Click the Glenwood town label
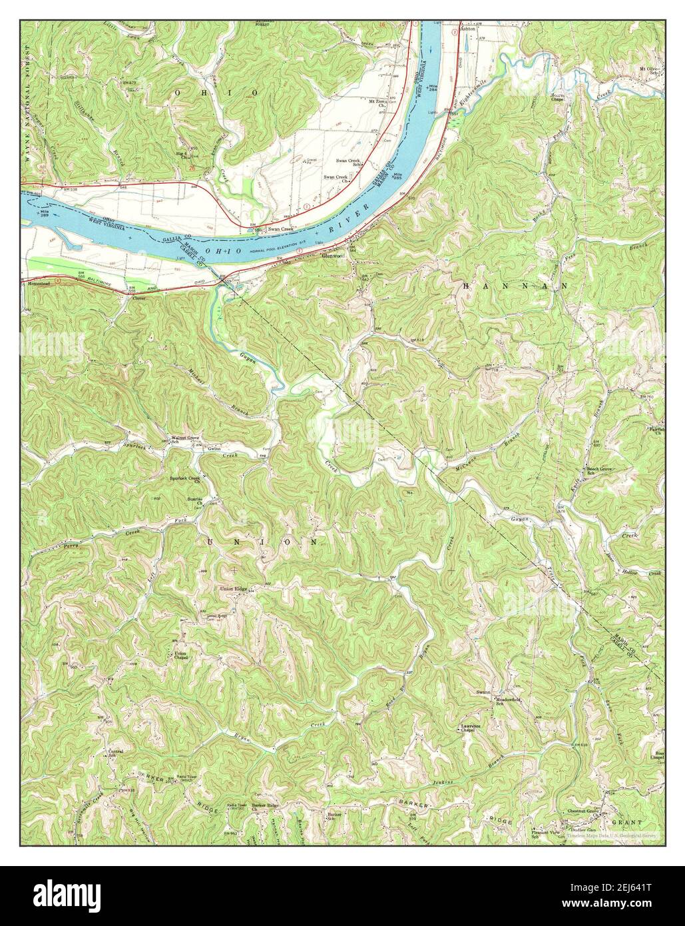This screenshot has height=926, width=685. point(332,255)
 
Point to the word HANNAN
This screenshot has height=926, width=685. point(513,284)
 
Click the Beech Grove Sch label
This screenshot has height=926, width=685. point(598,472)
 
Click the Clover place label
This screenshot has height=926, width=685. point(138,298)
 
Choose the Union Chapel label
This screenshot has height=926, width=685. point(180,656)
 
